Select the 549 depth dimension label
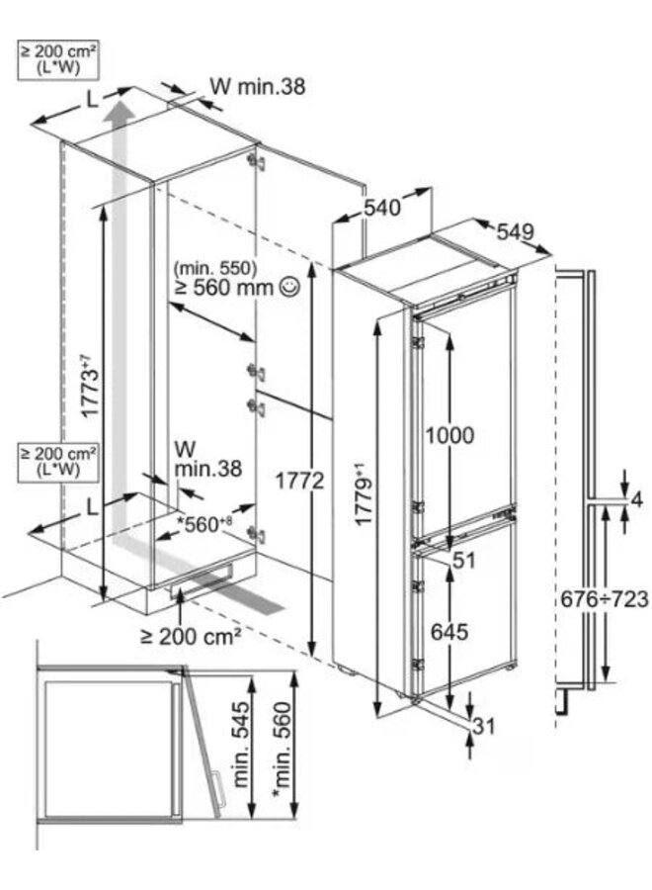point(514,231)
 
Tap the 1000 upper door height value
point(451,435)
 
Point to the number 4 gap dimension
point(636,500)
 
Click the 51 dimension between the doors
point(464,561)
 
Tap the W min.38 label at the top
point(258,88)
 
